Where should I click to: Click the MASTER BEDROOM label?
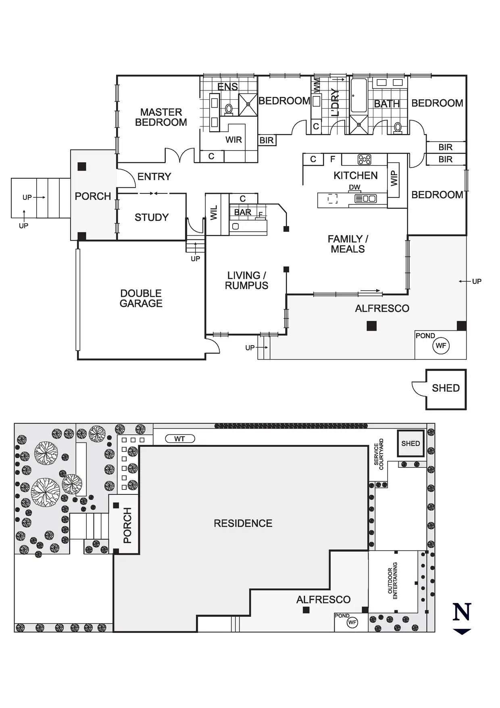(161, 117)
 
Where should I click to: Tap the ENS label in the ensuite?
(227, 86)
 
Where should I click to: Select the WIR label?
(233, 140)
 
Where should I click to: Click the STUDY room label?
(152, 218)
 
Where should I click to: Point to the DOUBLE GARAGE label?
(141, 298)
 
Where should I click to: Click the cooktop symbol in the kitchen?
(365, 159)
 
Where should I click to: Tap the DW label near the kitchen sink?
(355, 187)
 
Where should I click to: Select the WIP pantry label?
(394, 178)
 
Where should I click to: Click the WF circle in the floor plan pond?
(441, 346)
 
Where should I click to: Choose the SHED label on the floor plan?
(446, 388)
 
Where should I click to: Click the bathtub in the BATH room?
(359, 95)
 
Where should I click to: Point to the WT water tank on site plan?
(180, 439)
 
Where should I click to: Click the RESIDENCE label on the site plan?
(243, 524)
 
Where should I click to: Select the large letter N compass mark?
(462, 612)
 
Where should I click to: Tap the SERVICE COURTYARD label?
(379, 455)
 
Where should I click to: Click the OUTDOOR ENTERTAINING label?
(392, 581)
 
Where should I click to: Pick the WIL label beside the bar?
(214, 213)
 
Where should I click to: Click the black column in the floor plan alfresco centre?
(371, 326)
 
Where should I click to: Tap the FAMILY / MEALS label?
(348, 244)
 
